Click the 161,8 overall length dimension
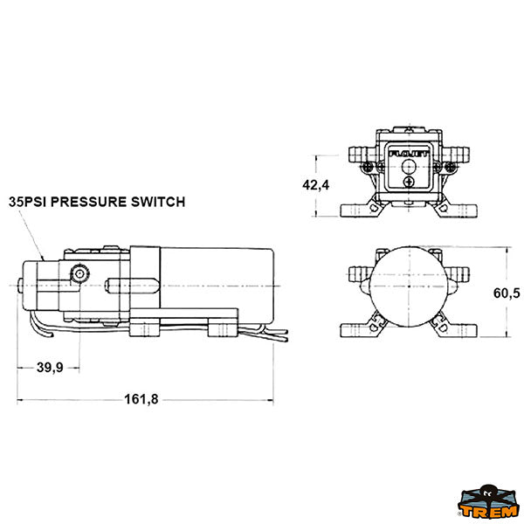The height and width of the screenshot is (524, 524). click(141, 399)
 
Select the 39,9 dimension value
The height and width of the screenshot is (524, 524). click(50, 368)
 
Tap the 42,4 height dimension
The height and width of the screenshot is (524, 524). click(315, 185)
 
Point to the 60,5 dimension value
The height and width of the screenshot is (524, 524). click(507, 293)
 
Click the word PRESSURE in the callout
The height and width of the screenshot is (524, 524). click(88, 202)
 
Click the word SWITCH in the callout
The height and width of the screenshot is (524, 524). click(158, 202)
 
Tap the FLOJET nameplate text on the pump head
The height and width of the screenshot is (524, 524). click(409, 154)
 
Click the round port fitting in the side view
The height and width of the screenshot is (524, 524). click(79, 273)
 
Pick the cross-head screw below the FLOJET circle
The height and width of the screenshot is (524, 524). click(409, 182)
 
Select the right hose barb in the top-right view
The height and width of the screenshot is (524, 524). click(457, 154)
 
